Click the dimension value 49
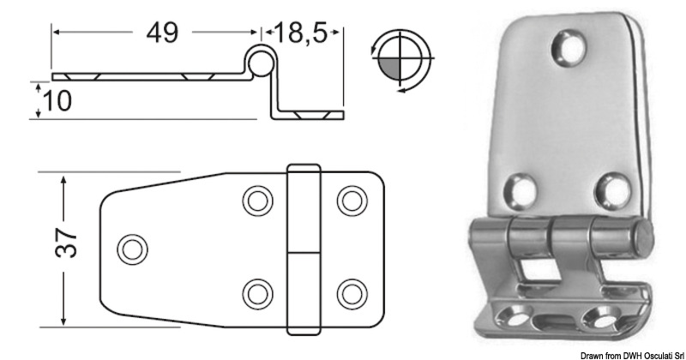pyautogui.click(x=161, y=33)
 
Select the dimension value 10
pyautogui.click(x=57, y=100)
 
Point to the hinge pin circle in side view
pyautogui.click(x=260, y=60)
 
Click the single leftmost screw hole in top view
pyautogui.click(x=130, y=249)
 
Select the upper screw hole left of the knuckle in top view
pyautogui.click(x=255, y=201)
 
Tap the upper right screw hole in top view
pyautogui.click(x=349, y=201)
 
